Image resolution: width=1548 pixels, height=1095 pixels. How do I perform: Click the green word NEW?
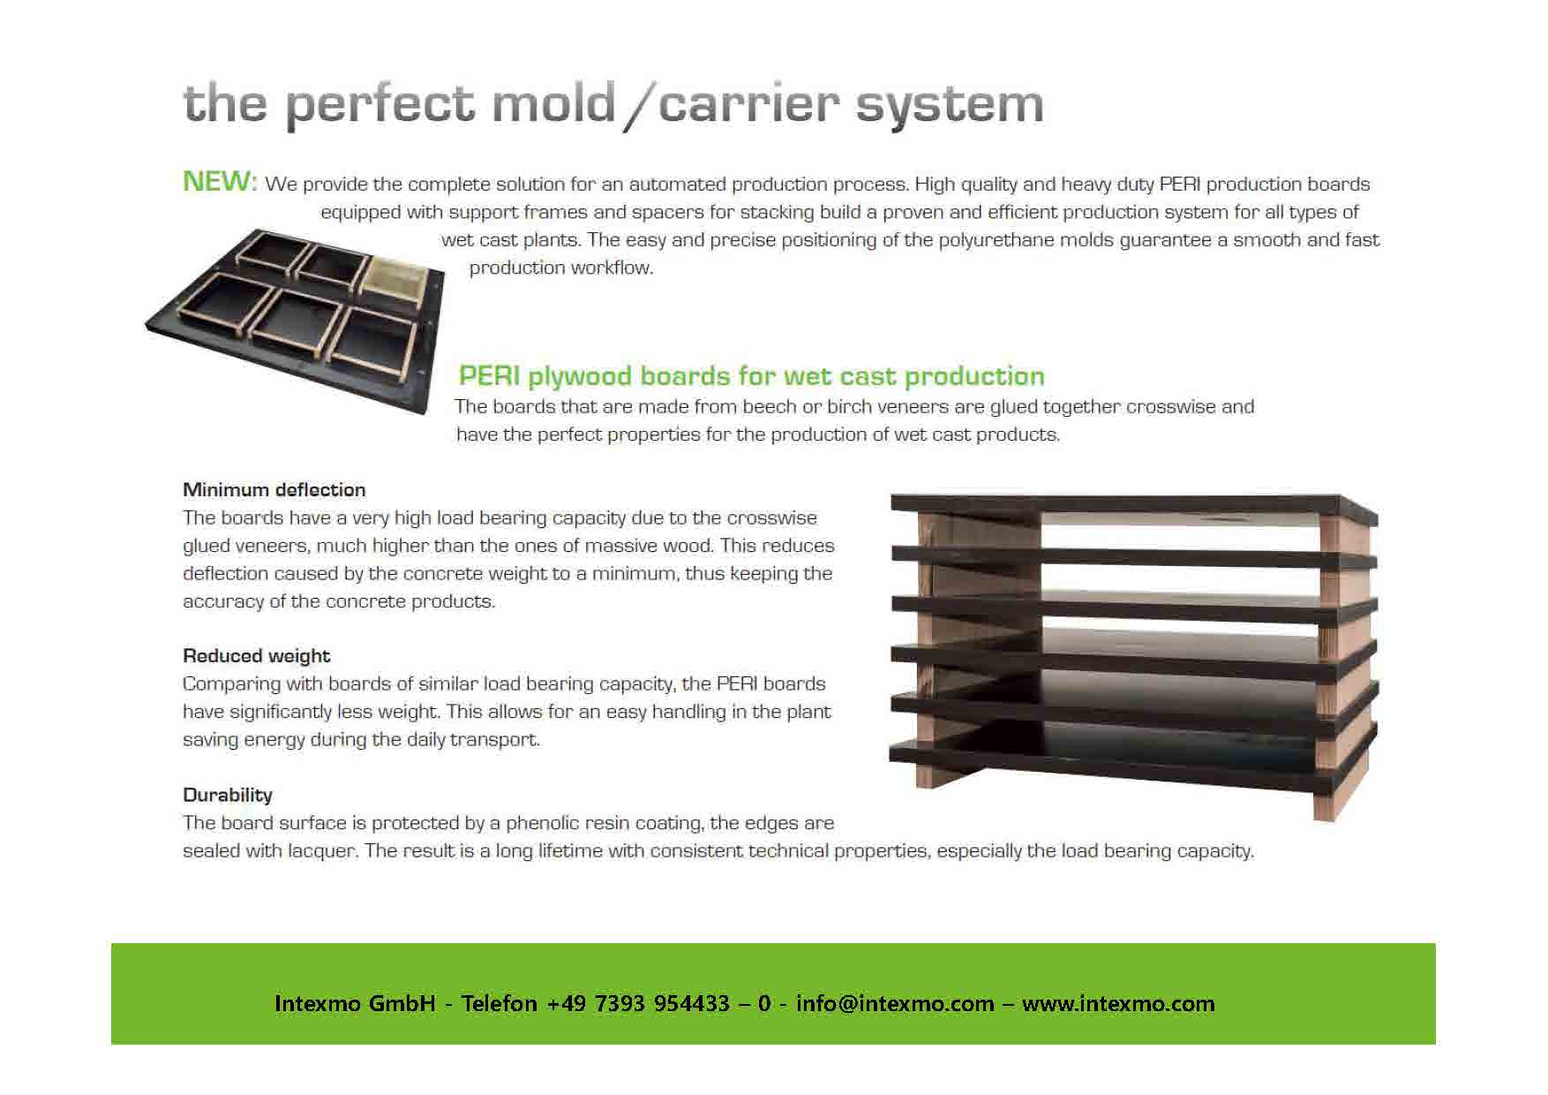click(220, 181)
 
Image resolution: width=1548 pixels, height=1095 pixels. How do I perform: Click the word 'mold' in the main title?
click(553, 103)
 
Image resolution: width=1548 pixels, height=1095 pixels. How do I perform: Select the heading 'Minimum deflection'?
click(274, 489)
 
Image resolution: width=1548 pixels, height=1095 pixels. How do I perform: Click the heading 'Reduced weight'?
click(256, 655)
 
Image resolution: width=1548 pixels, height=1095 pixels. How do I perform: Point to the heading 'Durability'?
click(227, 795)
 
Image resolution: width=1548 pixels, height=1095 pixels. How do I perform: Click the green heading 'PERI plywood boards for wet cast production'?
click(751, 376)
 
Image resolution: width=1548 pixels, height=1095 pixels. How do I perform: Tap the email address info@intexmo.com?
click(895, 1003)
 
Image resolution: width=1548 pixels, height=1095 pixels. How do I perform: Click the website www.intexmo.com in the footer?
click(1118, 1003)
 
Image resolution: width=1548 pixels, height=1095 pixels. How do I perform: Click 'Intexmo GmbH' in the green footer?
click(355, 1003)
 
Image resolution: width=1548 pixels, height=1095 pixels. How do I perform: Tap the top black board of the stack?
click(1134, 506)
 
